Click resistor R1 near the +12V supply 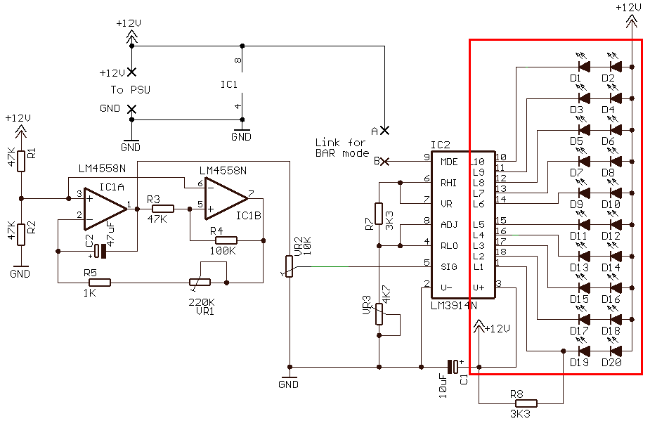tap(21, 161)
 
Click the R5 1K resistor tap(100, 283)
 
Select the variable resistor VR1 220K tap(200, 283)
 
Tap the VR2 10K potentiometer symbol tap(289, 266)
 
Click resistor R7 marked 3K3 tap(379, 214)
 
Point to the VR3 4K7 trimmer tap(379, 313)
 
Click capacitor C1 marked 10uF tap(453, 366)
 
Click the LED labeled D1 tap(583, 67)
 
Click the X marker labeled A tap(384, 130)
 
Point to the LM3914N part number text tap(453, 306)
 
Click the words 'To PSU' tap(131, 90)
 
